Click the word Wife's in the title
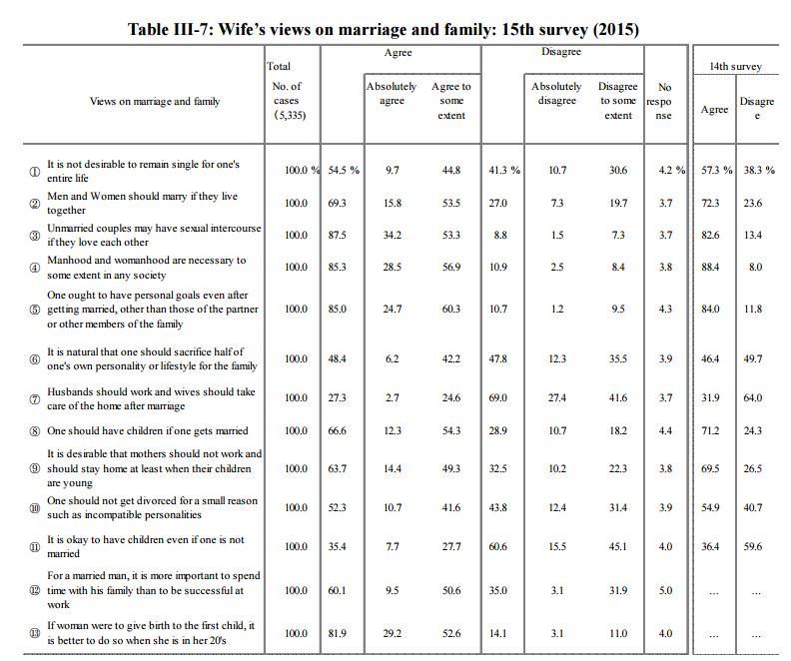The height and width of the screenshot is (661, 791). pos(241,29)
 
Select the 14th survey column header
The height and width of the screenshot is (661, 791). pos(735,66)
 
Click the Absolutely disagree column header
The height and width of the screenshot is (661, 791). pos(556,93)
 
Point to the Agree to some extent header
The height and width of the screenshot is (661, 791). pos(451,100)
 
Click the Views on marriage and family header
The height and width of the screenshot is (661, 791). pos(155,101)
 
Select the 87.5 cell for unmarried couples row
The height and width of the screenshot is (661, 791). pos(337,235)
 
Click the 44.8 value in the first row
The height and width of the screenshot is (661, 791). pos(451,170)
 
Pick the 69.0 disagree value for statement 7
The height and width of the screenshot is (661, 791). pos(498,397)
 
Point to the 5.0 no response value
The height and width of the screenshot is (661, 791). pos(665,590)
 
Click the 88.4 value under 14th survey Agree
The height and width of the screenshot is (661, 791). pos(710,267)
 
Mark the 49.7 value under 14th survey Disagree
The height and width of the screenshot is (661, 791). pos(753,358)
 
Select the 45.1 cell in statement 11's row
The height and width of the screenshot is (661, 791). pos(618,546)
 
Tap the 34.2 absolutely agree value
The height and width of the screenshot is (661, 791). pos(392,235)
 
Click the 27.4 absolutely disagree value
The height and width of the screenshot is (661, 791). pos(557,397)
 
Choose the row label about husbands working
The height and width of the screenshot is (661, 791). pos(152,398)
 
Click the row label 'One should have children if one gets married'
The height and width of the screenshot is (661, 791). pos(148,430)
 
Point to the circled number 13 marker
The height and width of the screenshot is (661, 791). pos(35,633)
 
